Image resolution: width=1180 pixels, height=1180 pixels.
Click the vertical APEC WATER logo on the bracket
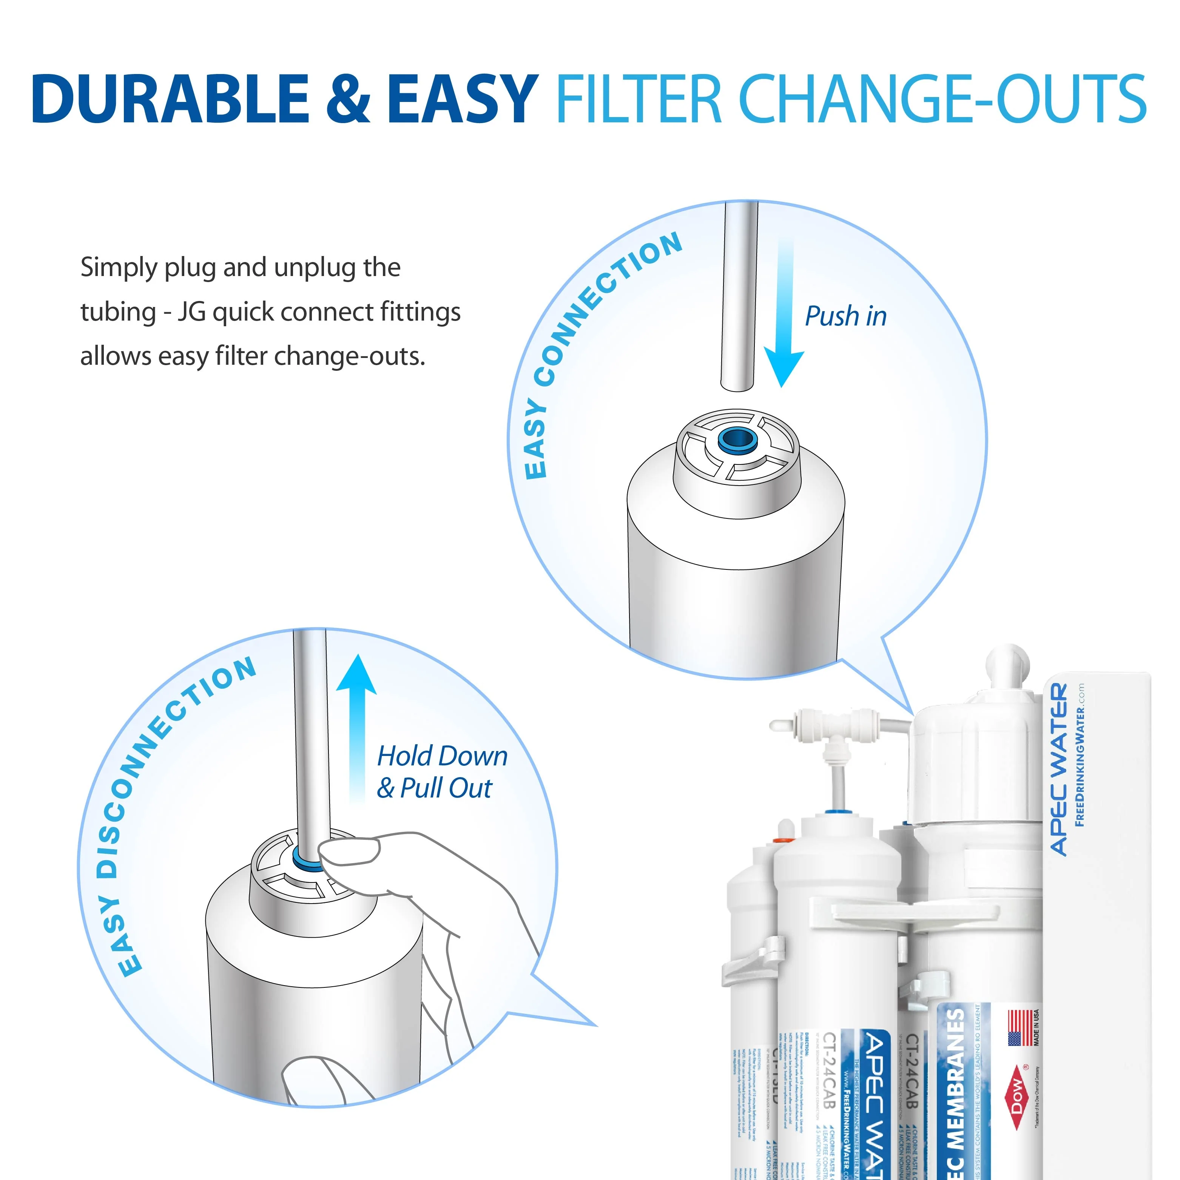coord(1060,770)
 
